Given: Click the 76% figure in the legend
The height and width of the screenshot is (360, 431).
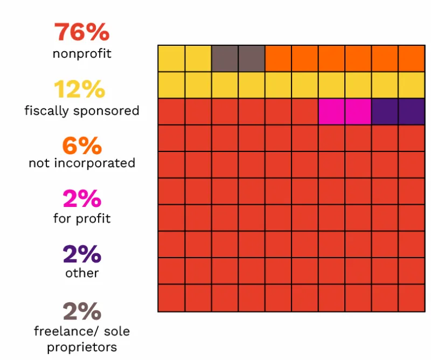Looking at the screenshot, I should [82, 33].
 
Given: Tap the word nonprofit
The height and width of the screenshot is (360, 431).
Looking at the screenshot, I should [82, 54].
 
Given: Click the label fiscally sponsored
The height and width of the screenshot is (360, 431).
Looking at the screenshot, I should [82, 111].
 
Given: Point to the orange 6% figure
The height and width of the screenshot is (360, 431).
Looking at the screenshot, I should [82, 146].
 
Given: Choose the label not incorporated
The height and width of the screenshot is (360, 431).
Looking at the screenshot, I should [82, 163].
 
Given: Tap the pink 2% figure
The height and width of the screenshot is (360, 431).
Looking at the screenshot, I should [82, 200].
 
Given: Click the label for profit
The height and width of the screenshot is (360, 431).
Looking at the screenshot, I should [82, 219].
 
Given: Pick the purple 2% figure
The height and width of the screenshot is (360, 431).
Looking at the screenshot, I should [82, 254].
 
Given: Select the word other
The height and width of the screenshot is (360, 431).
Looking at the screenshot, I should [82, 273].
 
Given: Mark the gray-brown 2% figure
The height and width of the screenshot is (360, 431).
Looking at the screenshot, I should [82, 311].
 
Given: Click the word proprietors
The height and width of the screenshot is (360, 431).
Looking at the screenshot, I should [82, 347].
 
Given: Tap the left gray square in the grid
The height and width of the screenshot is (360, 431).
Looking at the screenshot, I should [225, 58].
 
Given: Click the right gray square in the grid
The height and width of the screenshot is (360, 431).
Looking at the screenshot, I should [252, 58].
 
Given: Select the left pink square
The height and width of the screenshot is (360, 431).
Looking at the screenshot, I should [331, 112].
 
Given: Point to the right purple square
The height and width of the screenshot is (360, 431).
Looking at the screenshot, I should [412, 112].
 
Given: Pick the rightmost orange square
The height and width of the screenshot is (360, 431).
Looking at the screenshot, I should [412, 58].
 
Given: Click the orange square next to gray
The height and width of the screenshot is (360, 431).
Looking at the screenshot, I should [278, 58].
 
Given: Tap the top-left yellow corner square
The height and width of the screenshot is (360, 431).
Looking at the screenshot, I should [171, 58].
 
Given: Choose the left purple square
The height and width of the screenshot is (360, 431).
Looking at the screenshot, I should [385, 112].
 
